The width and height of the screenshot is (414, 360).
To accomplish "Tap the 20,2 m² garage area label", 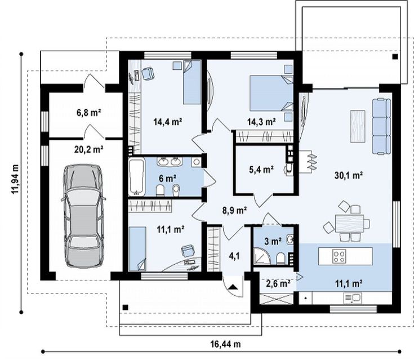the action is click(x=89, y=149).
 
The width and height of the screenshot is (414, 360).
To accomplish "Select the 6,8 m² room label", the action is click(x=89, y=113).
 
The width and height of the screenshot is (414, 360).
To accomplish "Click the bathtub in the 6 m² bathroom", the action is click(x=136, y=176).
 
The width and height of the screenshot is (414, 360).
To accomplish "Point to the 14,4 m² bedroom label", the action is click(x=168, y=122).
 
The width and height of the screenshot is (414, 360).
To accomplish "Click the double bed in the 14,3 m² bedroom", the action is click(x=271, y=93).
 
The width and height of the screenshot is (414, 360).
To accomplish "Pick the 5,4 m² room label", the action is click(x=261, y=170).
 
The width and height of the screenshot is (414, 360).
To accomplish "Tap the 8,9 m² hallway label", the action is click(x=234, y=211).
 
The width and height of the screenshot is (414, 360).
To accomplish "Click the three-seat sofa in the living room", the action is click(x=381, y=126).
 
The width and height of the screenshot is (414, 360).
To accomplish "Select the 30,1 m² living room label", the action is click(x=349, y=175).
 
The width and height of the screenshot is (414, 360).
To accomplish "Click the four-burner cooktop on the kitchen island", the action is click(x=339, y=256).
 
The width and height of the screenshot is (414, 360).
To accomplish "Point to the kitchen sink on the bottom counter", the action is click(x=353, y=298).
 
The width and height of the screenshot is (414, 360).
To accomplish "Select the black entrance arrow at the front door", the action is click(x=233, y=287).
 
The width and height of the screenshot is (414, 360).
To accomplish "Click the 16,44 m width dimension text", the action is click(x=225, y=344).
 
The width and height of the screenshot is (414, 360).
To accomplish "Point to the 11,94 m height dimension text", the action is click(x=15, y=179).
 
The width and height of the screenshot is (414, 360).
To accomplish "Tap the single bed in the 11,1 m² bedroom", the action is click(x=137, y=249).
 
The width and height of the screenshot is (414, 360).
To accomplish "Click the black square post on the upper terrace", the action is click(x=395, y=56).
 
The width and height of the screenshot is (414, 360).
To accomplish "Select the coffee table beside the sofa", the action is click(x=358, y=127).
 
